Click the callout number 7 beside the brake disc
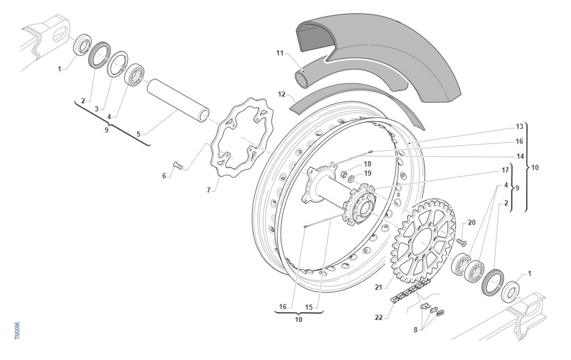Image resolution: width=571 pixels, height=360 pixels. (x=208, y=190)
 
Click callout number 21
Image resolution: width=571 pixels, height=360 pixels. (x=378, y=287)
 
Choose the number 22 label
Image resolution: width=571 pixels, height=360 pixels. (x=378, y=318)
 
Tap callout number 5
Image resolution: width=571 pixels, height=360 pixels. (x=138, y=134)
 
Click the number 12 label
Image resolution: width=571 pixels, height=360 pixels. (x=281, y=94)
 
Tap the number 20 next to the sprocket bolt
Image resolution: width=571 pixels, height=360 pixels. (x=472, y=222)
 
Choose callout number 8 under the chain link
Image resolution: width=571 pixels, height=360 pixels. (x=415, y=330)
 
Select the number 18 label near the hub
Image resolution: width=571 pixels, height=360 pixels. (x=367, y=164)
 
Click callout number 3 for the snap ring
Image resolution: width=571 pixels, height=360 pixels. (x=96, y=109)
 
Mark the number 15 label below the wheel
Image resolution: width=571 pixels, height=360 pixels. (x=309, y=307)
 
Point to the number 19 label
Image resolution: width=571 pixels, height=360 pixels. (x=367, y=173)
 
